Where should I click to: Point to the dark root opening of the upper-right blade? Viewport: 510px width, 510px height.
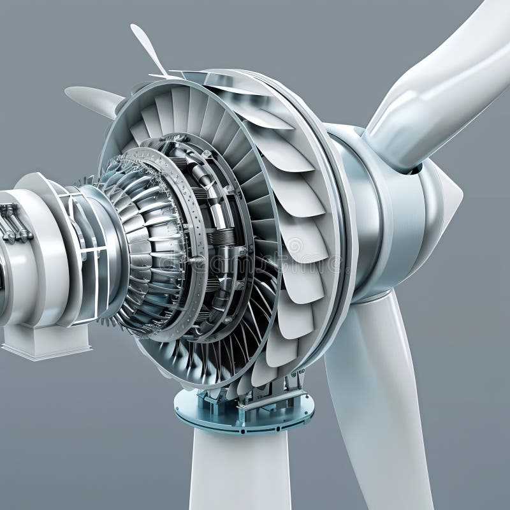pos(414,169)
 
